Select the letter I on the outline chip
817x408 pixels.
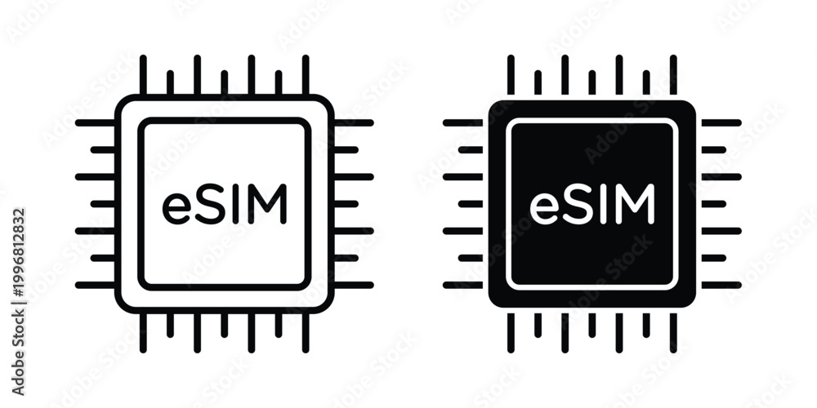[x=235, y=204]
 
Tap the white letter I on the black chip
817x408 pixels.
[x=604, y=204]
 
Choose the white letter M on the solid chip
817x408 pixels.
[x=635, y=204]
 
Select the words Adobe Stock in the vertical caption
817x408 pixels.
[x=19, y=354]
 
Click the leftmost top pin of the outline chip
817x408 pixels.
[x=143, y=74]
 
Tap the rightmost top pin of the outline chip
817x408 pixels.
[x=306, y=74]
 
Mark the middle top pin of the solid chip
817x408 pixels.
[x=592, y=82]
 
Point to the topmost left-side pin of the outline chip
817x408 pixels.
[x=95, y=123]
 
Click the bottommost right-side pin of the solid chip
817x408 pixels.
[x=721, y=285]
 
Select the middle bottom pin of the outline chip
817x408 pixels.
[x=224, y=326]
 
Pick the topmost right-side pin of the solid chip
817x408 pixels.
[x=721, y=123]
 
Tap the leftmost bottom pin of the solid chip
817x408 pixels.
[x=511, y=333]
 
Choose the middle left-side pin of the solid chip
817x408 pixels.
[x=470, y=203]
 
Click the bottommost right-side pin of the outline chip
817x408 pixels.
[x=354, y=285]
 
